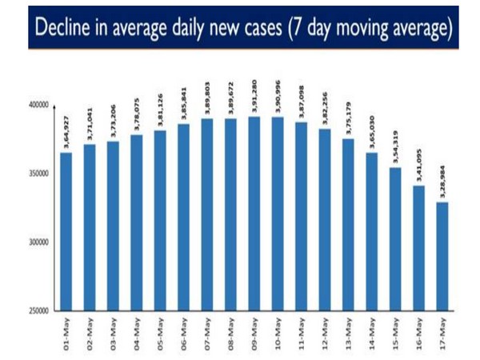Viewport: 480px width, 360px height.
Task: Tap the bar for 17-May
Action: (442, 256)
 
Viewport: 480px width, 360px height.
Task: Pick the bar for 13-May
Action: (348, 225)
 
